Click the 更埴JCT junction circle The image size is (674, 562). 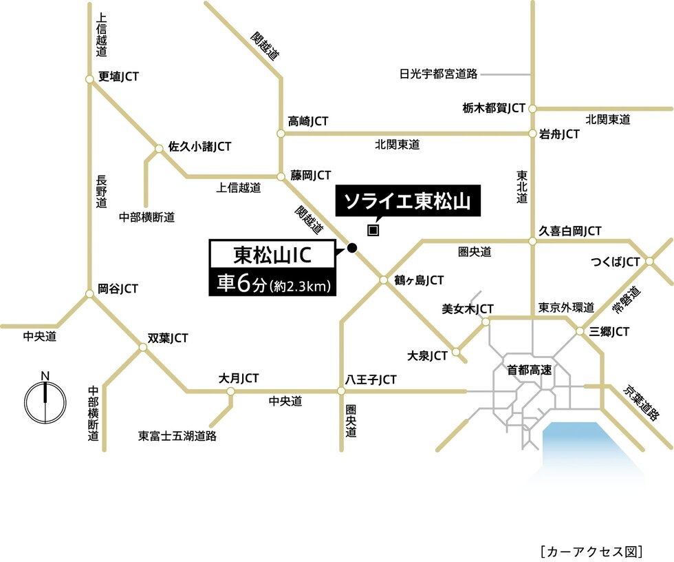[x=89, y=79]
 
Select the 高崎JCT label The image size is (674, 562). [x=308, y=121]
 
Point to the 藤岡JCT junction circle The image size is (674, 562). [x=281, y=176]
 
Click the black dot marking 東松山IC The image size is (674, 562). [x=352, y=248]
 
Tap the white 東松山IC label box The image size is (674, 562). [x=274, y=256]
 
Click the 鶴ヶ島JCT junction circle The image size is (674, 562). [x=384, y=280]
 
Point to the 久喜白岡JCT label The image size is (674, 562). [x=570, y=231]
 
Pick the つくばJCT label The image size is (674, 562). [x=616, y=262]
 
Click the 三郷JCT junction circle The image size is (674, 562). [x=580, y=332]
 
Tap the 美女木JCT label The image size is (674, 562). [x=468, y=309]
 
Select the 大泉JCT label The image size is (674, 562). [x=427, y=355]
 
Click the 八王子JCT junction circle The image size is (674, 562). [x=341, y=391]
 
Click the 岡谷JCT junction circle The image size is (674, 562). [x=89, y=294]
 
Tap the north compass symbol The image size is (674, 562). [x=45, y=401]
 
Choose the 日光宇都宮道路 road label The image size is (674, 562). [x=439, y=73]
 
